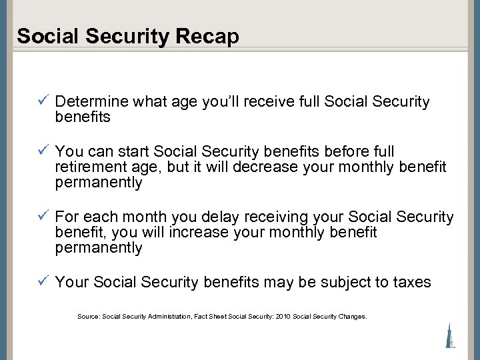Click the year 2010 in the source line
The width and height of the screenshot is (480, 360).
click(x=283, y=317)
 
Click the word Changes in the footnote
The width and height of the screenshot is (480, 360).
click(x=351, y=317)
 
